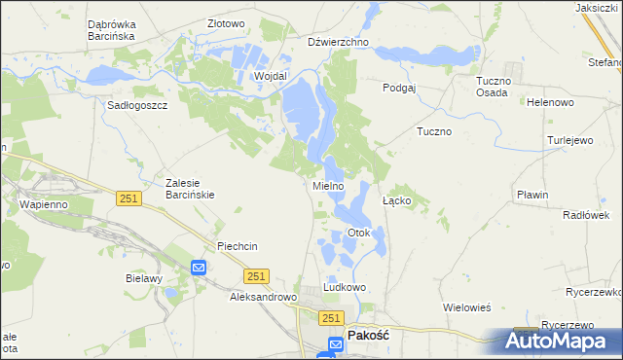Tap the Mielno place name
click(328, 185)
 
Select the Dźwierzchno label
click(338, 43)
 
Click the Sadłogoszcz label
click(138, 105)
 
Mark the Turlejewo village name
click(569, 140)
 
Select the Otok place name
click(359, 234)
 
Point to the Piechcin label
click(238, 246)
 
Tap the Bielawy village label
click(142, 277)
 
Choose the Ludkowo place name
click(345, 288)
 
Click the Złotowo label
click(226, 23)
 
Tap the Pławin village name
click(532, 195)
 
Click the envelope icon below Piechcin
click(199, 268)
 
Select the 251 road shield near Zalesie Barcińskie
click(128, 198)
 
